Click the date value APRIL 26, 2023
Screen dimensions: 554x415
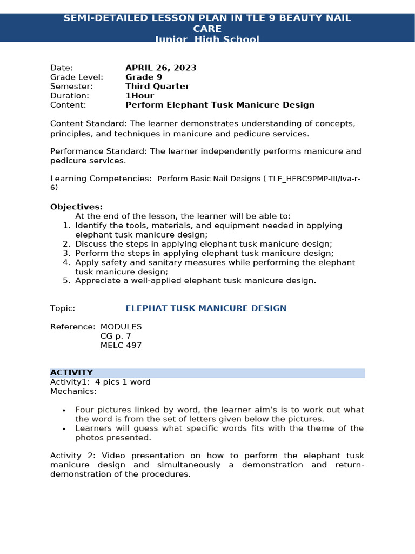pos(160,68)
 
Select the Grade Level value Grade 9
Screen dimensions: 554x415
pos(144,77)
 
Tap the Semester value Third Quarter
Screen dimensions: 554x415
pos(157,87)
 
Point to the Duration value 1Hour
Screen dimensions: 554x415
pos(139,96)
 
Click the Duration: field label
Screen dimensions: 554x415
pos(70,96)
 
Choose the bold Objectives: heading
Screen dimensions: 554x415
pos(76,207)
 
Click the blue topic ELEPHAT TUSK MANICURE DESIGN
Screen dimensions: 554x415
pos(206,308)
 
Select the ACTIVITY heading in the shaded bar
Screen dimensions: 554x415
pos(71,373)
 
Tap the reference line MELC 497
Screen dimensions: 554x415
pos(121,345)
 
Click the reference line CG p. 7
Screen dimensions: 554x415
pos(116,336)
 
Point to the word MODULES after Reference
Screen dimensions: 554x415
pos(121,327)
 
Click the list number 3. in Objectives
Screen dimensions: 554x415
pos(66,253)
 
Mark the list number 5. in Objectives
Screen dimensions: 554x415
pos(66,281)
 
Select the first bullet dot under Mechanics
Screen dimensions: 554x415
pos(64,411)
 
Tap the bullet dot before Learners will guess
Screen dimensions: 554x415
pos(64,429)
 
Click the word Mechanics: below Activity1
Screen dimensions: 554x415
pos(73,391)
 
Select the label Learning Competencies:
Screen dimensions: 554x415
pos(101,179)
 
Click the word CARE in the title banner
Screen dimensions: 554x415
pos(207,29)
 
